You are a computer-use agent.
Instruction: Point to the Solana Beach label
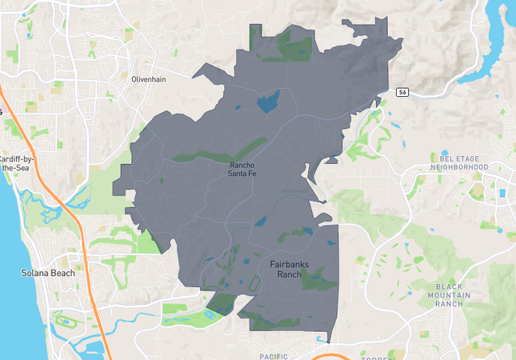click(48, 273)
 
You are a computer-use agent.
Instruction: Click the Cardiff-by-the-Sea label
click(14, 163)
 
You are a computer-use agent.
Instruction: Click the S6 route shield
click(403, 93)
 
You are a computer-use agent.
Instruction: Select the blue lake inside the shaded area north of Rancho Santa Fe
click(267, 101)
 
